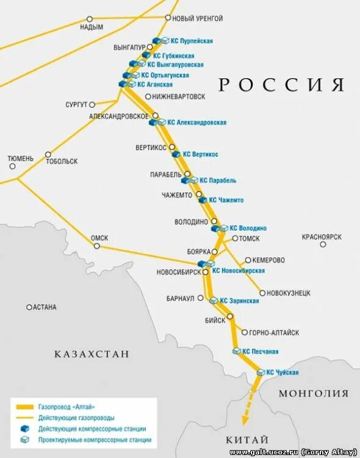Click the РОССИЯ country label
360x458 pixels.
(x=282, y=85)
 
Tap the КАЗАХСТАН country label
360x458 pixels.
(x=92, y=354)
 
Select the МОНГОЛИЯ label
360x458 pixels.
(x=314, y=393)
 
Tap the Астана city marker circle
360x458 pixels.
(x=29, y=307)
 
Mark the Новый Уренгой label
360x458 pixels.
(x=198, y=19)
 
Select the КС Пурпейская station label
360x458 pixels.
(x=192, y=41)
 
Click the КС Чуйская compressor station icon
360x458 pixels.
(x=262, y=372)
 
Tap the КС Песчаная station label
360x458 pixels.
(x=261, y=352)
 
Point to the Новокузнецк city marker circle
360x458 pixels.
(x=262, y=293)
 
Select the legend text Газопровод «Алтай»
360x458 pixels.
(x=67, y=407)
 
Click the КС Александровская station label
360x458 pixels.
(x=197, y=123)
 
